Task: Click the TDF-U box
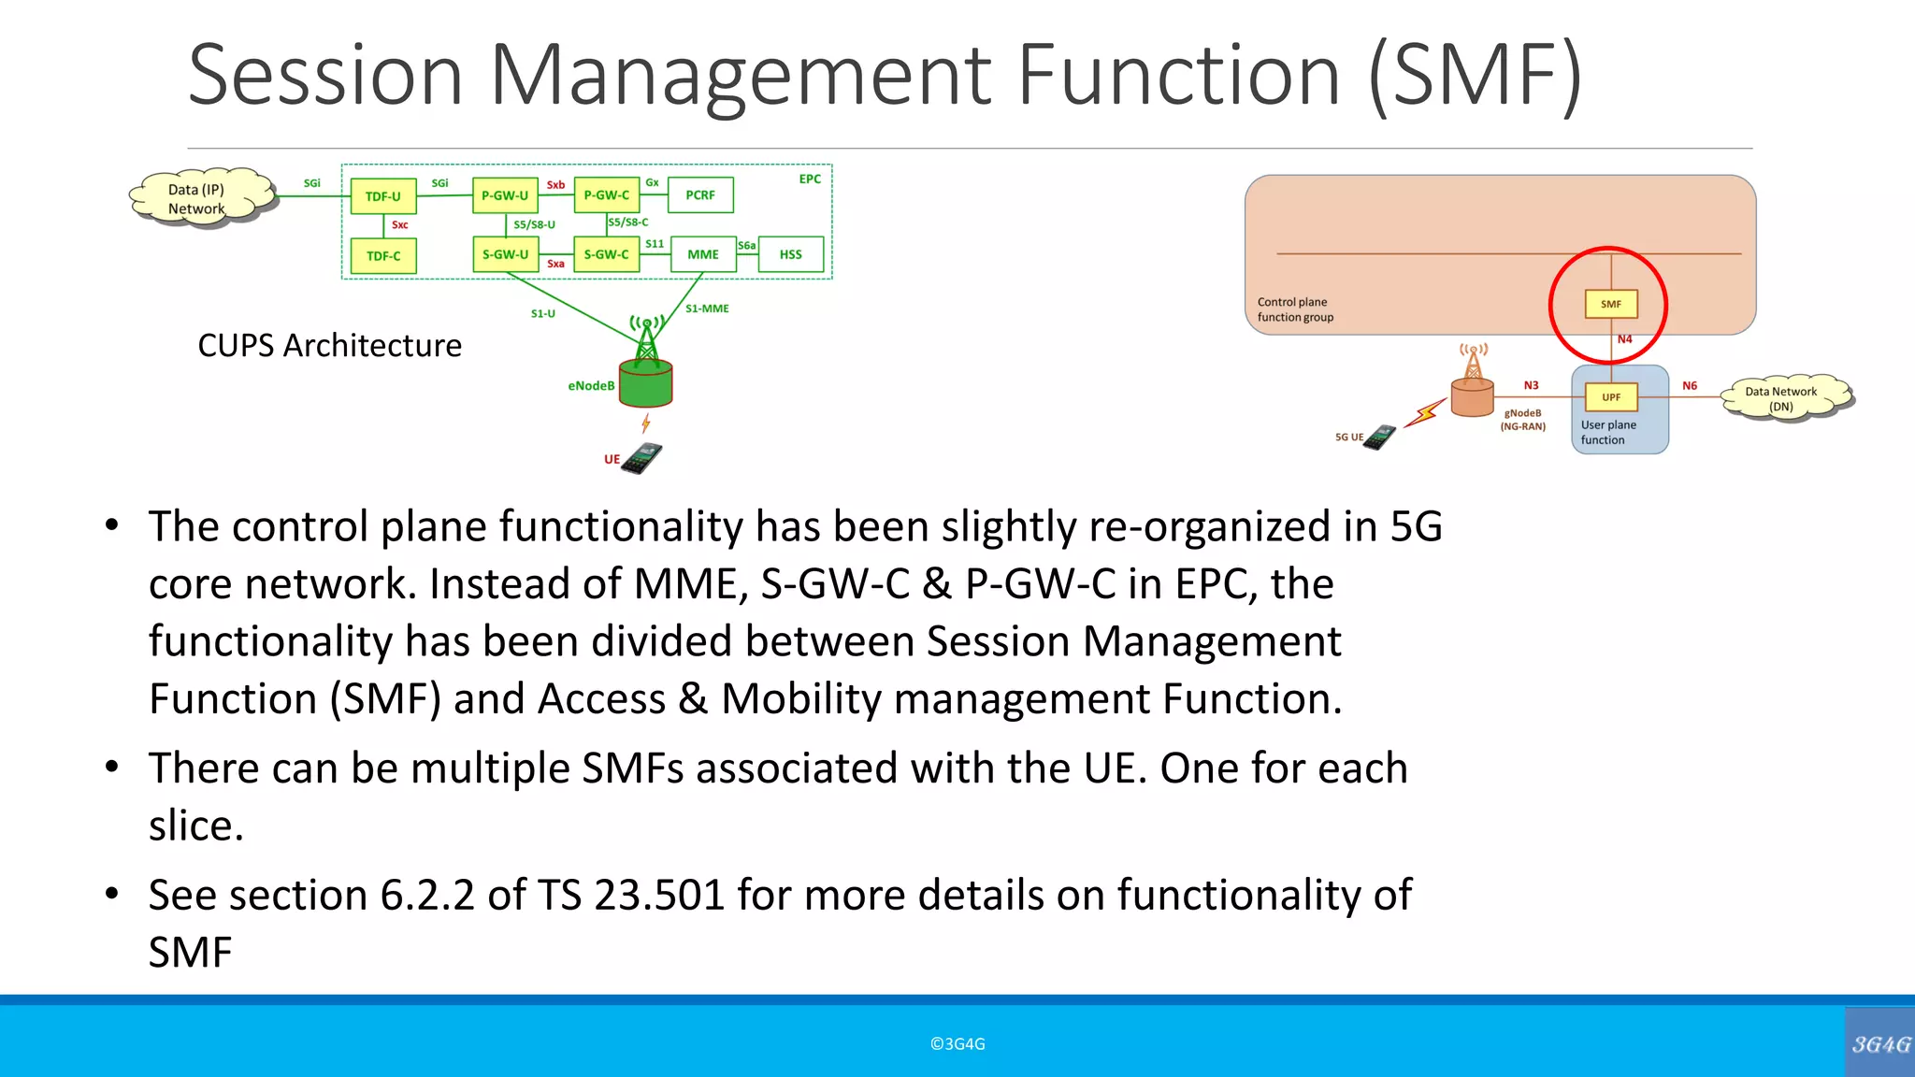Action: (383, 196)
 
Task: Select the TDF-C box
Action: (383, 255)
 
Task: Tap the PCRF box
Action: (700, 195)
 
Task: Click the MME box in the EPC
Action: (703, 254)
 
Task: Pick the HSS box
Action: (791, 254)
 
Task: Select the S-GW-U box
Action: (505, 254)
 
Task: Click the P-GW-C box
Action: (607, 195)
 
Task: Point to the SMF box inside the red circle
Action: (1611, 304)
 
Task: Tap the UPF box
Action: (1611, 397)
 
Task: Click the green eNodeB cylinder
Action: (646, 383)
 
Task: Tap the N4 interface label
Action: (1625, 339)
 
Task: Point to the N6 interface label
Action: (1690, 385)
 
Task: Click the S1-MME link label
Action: (707, 309)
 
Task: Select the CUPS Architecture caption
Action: (329, 346)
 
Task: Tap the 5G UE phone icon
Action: (1380, 437)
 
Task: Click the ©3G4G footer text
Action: (957, 1044)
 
